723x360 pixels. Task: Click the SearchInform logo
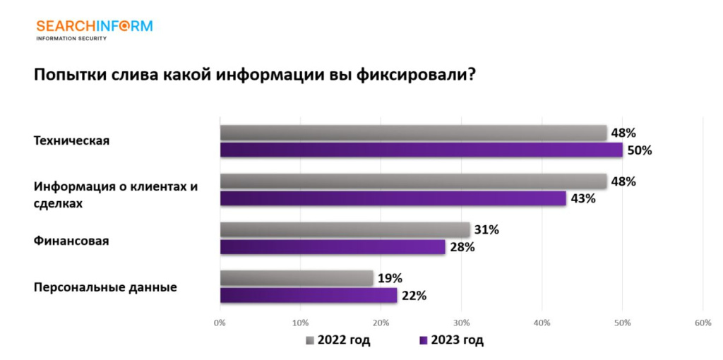[x=94, y=29]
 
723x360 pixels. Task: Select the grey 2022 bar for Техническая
[x=413, y=133]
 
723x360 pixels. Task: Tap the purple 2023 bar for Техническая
[x=421, y=150]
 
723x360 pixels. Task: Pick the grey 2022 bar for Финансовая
[x=345, y=229]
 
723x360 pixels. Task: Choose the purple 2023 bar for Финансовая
[x=333, y=247]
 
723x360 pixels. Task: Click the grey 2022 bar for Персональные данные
[x=297, y=278]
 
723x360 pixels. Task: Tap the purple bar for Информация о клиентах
[x=393, y=198]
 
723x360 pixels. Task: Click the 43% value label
[x=583, y=198]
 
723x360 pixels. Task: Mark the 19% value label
[x=390, y=278]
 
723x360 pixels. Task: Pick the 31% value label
[x=486, y=229]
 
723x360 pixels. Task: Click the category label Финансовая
[x=71, y=241]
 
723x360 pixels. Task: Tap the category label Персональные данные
[x=105, y=287]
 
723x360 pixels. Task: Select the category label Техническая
[x=72, y=140]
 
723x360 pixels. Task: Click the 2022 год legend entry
[x=338, y=341]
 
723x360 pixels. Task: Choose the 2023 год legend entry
[x=452, y=341]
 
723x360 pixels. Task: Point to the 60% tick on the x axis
[x=702, y=323]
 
